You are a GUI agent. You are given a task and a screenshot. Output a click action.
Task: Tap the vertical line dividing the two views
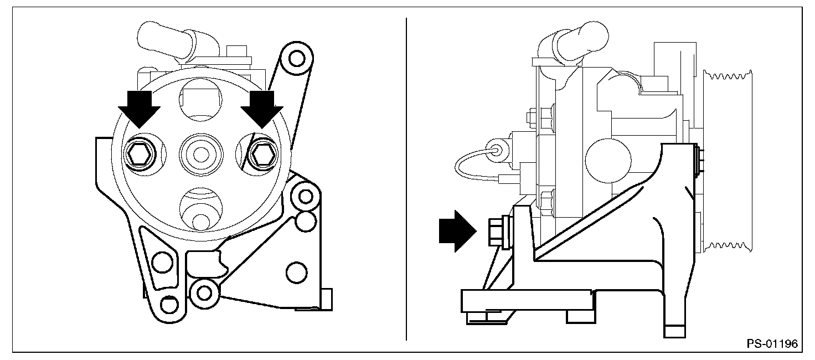point(407,177)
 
